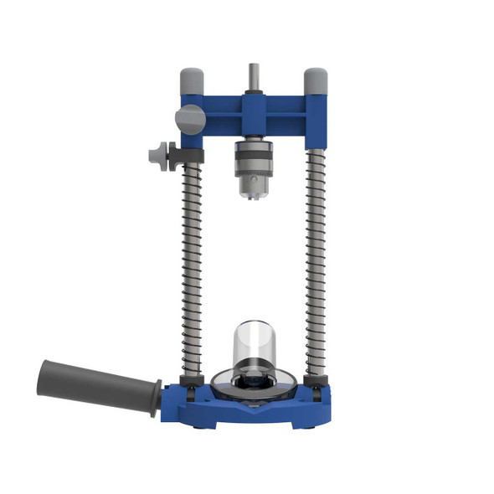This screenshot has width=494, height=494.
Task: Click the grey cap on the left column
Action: pos(190,82)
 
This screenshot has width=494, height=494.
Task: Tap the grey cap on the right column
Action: pos(315,81)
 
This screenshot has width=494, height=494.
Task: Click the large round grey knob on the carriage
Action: pos(189,118)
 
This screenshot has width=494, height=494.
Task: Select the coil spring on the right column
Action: pos(316,260)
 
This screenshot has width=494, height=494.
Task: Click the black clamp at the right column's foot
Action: pos(316,387)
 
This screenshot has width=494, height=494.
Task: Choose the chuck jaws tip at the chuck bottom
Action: pos(252,194)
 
